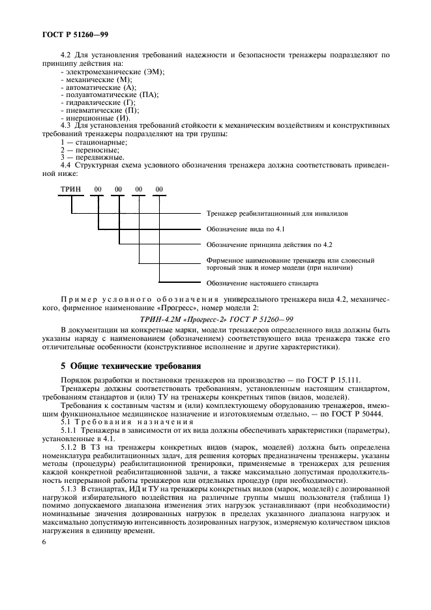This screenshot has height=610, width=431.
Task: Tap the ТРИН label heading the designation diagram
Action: coord(70,189)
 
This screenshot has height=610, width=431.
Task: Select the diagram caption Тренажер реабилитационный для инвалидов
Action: coord(271,213)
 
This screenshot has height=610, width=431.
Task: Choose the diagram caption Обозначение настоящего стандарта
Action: coord(262,283)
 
